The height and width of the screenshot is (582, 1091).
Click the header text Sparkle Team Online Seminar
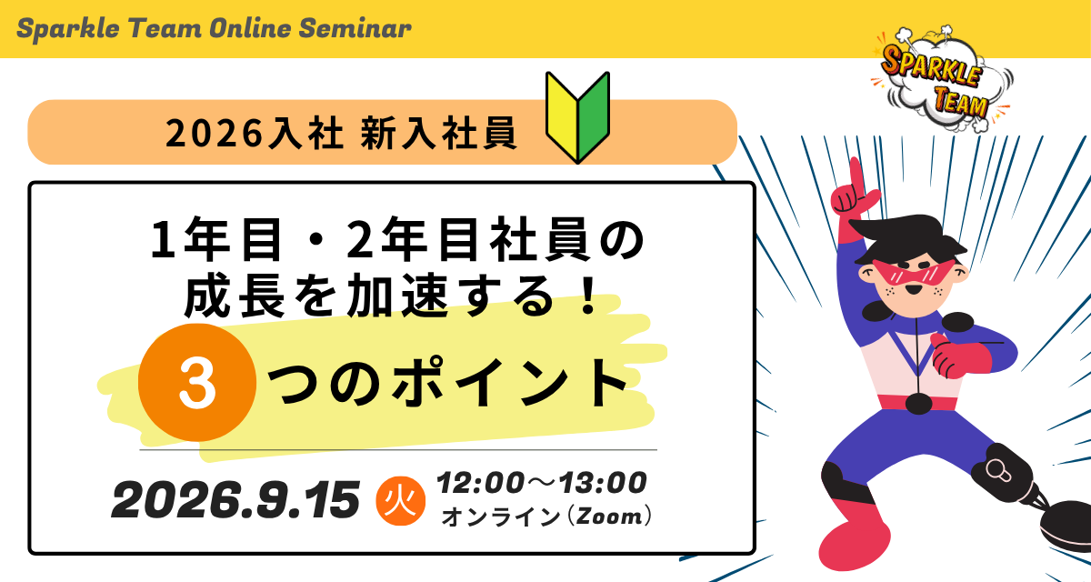[214, 28]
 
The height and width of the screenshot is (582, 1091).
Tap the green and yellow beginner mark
[577, 117]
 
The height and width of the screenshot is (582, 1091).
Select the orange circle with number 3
[197, 383]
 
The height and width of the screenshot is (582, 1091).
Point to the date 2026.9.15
[235, 499]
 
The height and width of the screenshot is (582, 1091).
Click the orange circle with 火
[400, 502]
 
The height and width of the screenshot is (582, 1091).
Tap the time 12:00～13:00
[542, 483]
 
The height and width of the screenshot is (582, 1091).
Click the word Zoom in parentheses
[610, 517]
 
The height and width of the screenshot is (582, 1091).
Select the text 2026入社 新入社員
[341, 133]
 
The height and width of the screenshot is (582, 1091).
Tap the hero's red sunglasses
[914, 273]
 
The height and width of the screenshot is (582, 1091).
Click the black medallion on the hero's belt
[918, 403]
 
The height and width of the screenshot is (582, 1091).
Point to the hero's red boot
[854, 536]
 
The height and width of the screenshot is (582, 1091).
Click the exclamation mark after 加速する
[589, 294]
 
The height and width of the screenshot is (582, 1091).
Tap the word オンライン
[501, 517]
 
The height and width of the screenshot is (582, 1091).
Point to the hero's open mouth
[913, 290]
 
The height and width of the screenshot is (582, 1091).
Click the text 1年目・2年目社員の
[397, 240]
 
